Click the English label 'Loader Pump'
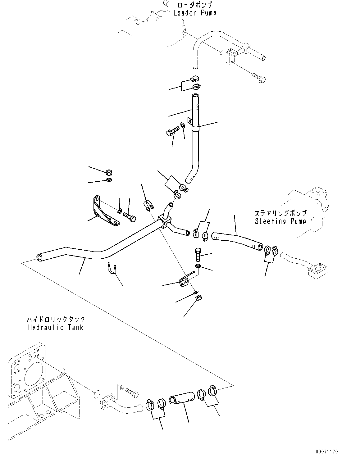[195, 13]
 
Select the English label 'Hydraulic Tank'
[56, 327]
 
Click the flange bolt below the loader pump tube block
[259, 78]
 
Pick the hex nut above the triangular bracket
[109, 171]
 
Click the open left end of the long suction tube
[40, 258]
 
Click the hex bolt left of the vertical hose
[172, 132]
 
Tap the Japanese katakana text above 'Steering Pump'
[280, 213]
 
